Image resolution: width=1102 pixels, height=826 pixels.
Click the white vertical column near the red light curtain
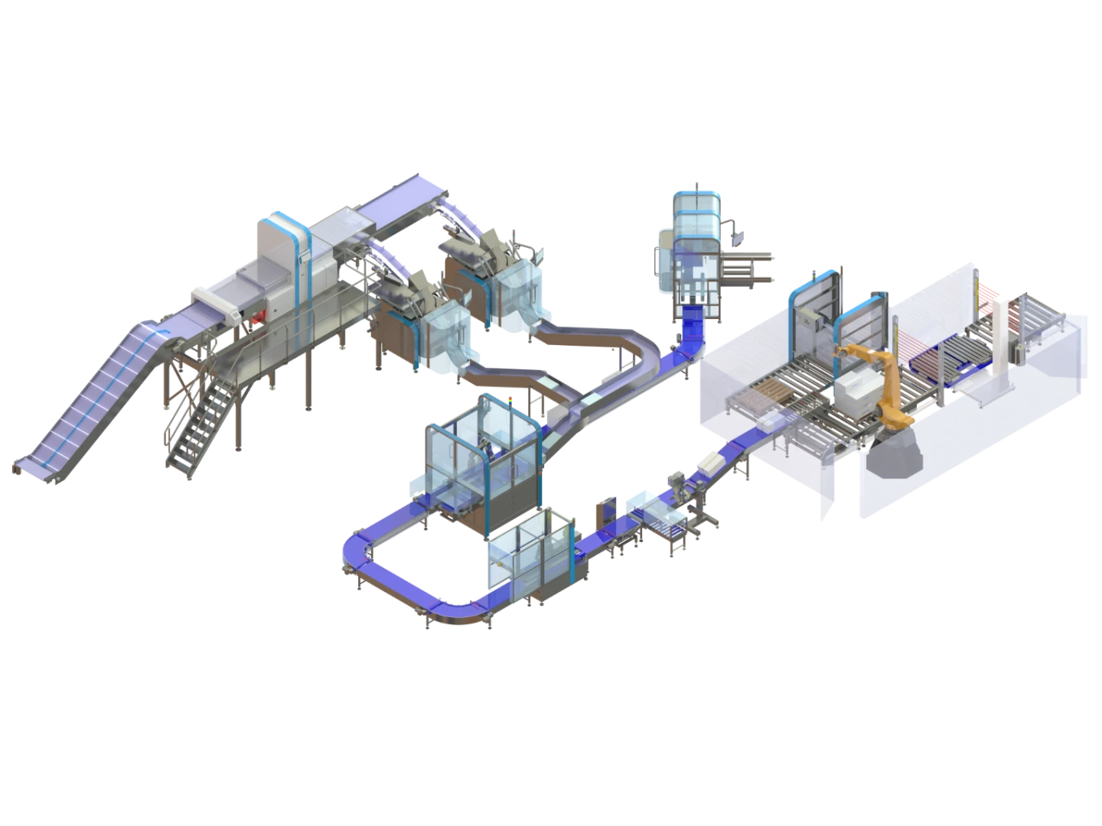point(1002,337)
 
